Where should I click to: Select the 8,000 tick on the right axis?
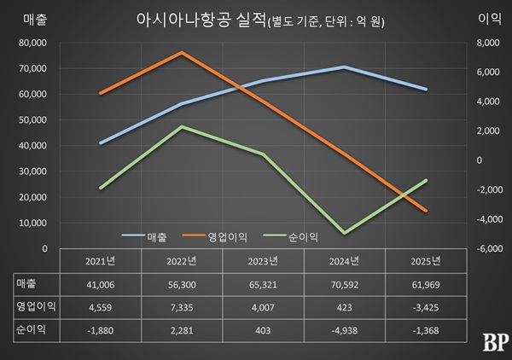480,42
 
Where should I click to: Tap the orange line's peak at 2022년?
182,52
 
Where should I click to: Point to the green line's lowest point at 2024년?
344,232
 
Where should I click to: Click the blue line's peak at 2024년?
344,67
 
